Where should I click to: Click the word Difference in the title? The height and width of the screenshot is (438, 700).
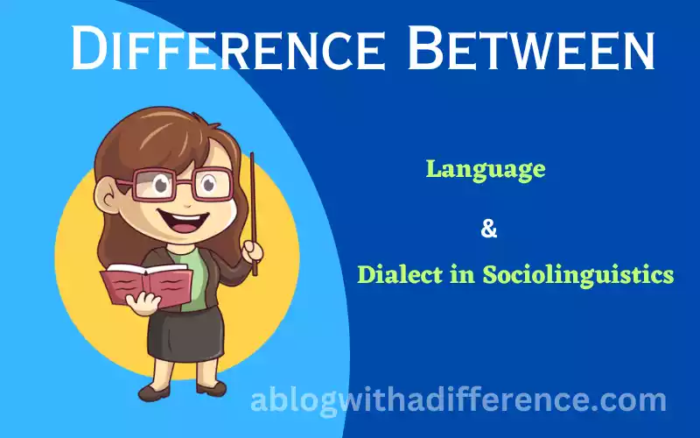pyautogui.click(x=227, y=48)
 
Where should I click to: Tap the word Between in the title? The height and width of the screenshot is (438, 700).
pyautogui.click(x=531, y=48)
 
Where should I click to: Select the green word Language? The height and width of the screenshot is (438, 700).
pyautogui.click(x=486, y=170)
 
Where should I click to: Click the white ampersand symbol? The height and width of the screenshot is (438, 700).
pyautogui.click(x=489, y=230)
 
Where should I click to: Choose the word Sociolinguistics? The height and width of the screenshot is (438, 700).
pyautogui.click(x=578, y=274)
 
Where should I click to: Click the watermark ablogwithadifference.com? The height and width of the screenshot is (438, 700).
pyautogui.click(x=458, y=400)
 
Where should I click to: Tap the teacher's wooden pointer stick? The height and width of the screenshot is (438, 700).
pyautogui.click(x=253, y=214)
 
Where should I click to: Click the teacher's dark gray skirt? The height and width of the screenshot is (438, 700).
pyautogui.click(x=185, y=332)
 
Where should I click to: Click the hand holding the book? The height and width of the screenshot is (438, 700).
pyautogui.click(x=143, y=304)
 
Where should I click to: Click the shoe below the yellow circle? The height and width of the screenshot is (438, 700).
pyautogui.click(x=154, y=392)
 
